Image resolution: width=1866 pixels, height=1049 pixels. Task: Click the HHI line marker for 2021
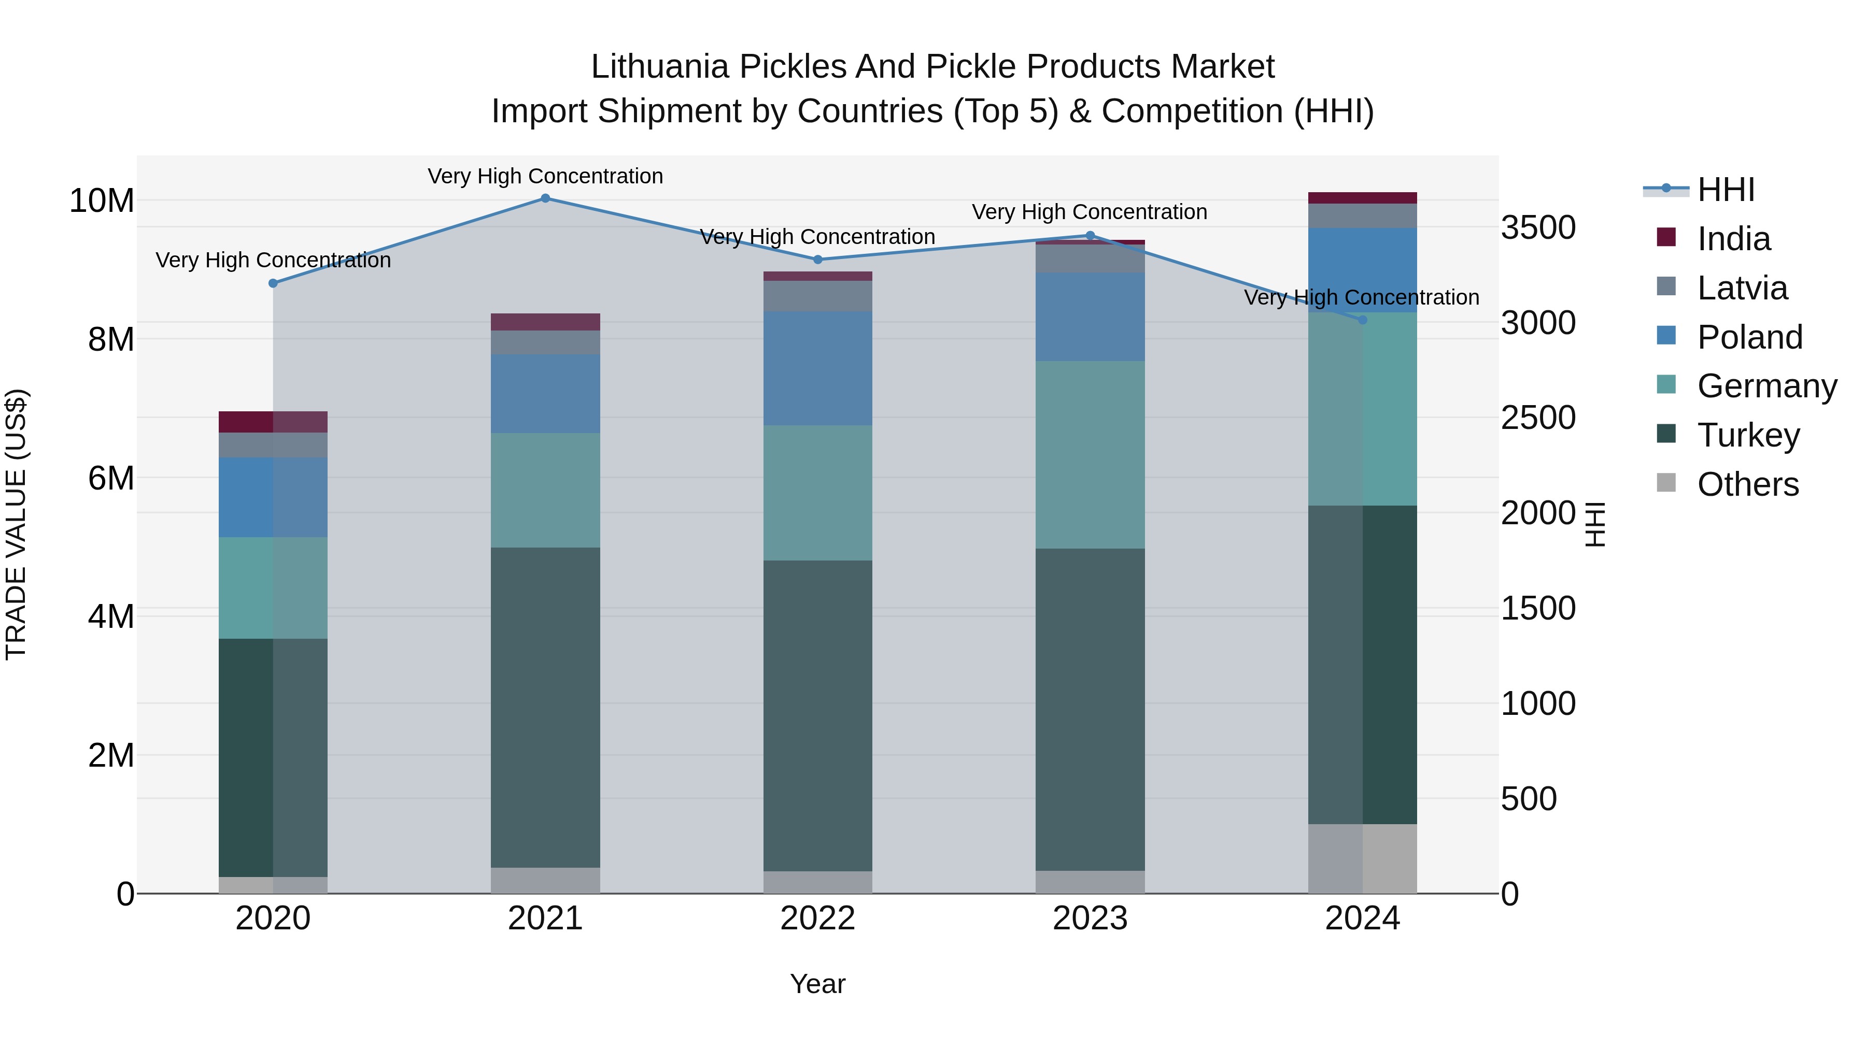tap(545, 198)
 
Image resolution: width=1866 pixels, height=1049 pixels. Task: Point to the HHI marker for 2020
tap(273, 283)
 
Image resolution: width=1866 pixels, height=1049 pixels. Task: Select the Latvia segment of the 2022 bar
tap(818, 296)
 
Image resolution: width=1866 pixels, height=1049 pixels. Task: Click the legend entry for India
tap(1733, 239)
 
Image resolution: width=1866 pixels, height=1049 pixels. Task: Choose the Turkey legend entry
tap(1748, 435)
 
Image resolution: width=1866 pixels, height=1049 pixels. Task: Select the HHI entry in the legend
tap(1726, 190)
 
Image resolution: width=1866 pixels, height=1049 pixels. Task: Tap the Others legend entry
tap(1747, 484)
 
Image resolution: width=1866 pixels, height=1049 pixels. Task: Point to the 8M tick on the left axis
tap(111, 339)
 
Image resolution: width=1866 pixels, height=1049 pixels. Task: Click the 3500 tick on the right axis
tap(1538, 227)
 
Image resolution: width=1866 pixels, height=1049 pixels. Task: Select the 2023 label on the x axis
tap(1090, 918)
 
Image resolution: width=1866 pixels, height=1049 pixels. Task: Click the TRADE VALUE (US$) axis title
tap(16, 524)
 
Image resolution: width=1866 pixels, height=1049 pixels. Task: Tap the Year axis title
tap(818, 984)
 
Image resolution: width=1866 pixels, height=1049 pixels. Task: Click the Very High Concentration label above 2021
tap(545, 176)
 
